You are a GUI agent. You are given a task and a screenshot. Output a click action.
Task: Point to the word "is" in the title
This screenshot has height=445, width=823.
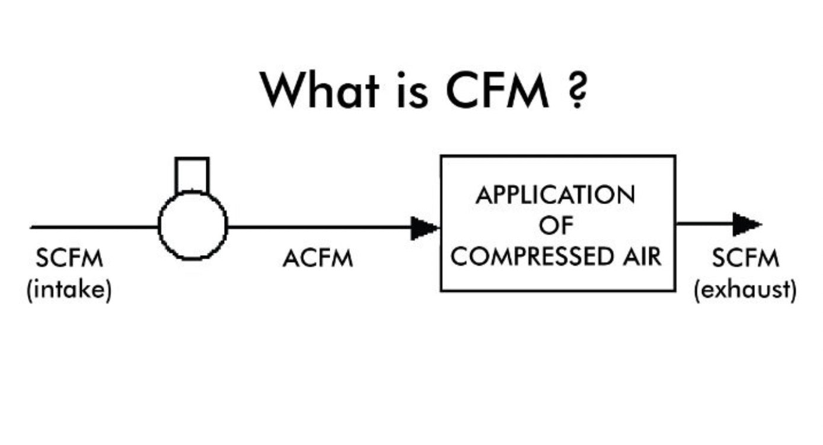410,90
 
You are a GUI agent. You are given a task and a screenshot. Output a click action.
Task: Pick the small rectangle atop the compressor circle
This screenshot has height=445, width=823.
192,175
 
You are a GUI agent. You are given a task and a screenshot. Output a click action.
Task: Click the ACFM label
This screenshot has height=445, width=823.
318,259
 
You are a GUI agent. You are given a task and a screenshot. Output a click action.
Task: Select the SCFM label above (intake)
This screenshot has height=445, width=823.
69,259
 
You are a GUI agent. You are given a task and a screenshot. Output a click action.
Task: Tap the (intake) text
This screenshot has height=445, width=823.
69,290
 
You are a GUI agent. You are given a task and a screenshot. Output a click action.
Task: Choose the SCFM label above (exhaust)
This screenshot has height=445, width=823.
745,259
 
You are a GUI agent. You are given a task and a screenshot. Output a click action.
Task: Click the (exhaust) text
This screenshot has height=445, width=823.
745,290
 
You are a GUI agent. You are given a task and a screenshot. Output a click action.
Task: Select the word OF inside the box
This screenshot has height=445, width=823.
557,226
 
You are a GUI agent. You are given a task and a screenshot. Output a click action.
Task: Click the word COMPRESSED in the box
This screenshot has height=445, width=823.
535,258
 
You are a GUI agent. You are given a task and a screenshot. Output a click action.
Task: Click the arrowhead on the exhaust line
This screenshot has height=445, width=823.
746,224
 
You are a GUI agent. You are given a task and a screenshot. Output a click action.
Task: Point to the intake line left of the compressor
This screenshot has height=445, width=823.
95,227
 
